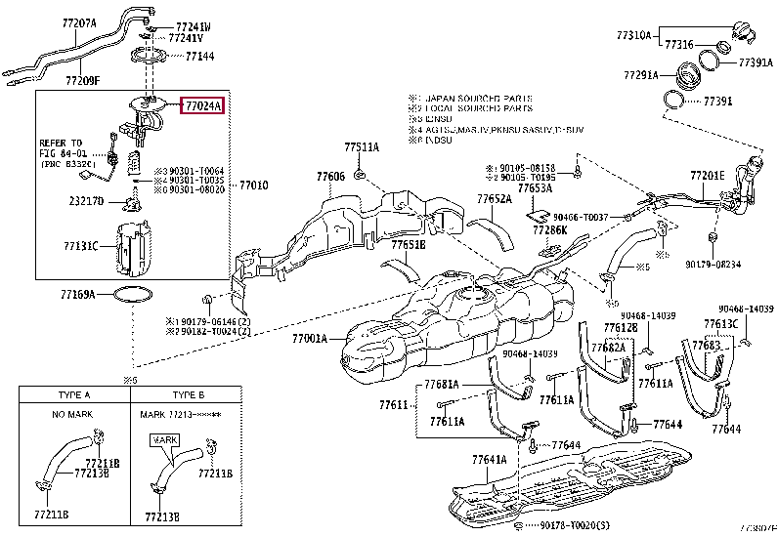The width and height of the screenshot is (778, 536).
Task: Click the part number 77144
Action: pyautogui.click(x=199, y=58)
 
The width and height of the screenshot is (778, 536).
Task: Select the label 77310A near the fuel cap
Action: pyautogui.click(x=633, y=34)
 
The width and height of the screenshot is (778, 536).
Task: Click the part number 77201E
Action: pyautogui.click(x=707, y=176)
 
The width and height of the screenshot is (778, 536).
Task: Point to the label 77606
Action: pyautogui.click(x=330, y=177)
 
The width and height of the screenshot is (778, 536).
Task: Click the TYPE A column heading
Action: pyautogui.click(x=74, y=395)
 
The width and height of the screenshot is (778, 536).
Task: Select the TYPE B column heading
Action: pyautogui.click(x=187, y=395)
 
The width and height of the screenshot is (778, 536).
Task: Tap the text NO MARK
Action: pyautogui.click(x=74, y=415)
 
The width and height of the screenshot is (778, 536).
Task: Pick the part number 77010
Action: pyautogui.click(x=254, y=185)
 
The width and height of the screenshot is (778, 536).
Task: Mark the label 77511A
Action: pyautogui.click(x=361, y=147)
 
